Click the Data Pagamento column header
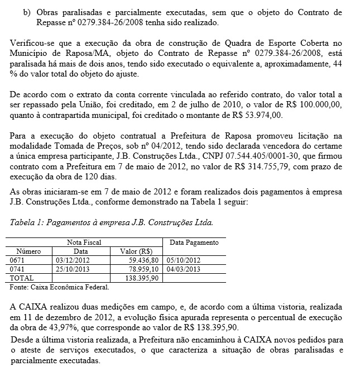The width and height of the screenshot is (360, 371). click(194, 242)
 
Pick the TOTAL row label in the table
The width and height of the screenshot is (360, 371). click(22, 278)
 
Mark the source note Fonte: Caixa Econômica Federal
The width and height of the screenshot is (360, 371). click(60, 287)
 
